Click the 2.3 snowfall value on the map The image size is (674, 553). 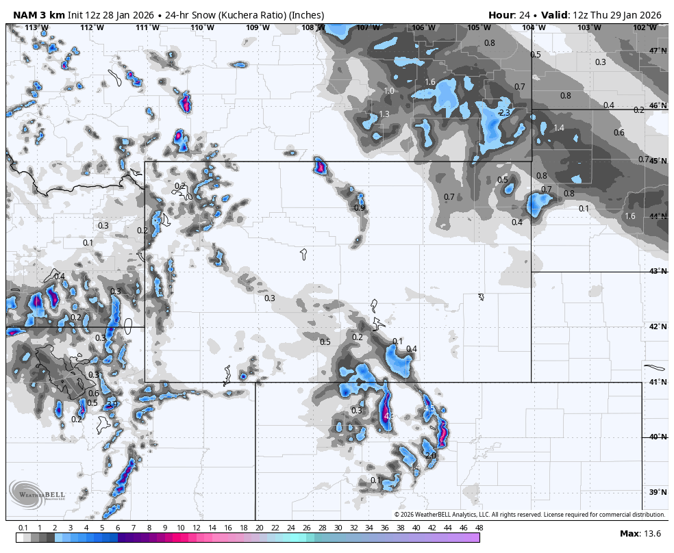click(x=505, y=113)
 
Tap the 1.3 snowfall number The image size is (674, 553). click(x=384, y=114)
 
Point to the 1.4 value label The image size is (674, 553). click(x=559, y=128)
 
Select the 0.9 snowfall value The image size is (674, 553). click(x=360, y=208)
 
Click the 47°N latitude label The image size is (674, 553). click(x=658, y=51)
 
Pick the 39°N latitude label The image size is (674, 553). click(x=658, y=492)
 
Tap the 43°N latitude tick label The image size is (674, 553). click(x=658, y=271)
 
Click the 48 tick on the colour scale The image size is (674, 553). click(x=479, y=528)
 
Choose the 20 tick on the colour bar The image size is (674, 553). click(x=260, y=528)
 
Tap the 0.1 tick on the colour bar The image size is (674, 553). click(x=23, y=528)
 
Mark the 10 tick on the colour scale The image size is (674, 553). click(x=181, y=528)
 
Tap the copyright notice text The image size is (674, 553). click(x=529, y=515)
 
